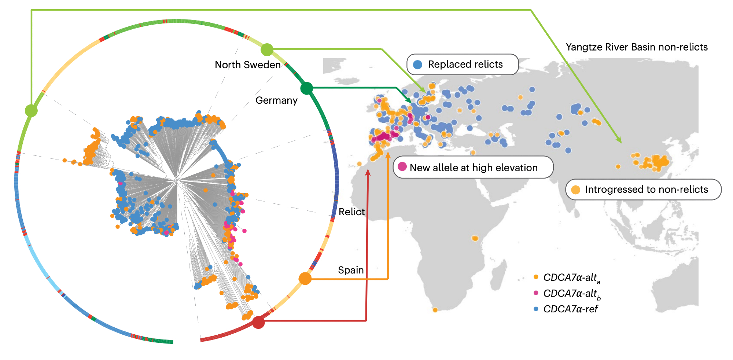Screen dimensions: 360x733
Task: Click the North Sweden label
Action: point(248,65)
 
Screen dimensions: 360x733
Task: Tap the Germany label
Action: point(276,100)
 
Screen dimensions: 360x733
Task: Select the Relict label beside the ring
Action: point(351,212)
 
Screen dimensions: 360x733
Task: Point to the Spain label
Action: point(351,270)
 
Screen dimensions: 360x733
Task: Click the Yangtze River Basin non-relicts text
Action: point(637,47)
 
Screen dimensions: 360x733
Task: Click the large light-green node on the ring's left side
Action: point(31,110)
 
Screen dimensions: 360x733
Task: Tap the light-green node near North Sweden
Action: point(267,49)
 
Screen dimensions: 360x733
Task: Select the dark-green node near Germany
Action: point(306,88)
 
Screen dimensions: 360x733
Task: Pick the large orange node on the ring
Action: point(305,279)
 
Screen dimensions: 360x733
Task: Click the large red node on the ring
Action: point(258,322)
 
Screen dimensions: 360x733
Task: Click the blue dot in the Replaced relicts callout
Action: point(417,65)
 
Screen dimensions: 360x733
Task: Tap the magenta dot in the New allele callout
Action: point(402,167)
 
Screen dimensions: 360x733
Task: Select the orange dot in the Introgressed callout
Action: point(575,190)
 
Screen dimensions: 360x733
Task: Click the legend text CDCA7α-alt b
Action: point(572,294)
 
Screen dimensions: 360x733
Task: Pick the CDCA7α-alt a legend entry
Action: point(571,278)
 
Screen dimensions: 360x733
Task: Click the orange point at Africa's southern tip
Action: point(435,310)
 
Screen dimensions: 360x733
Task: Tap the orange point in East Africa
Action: point(475,238)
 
